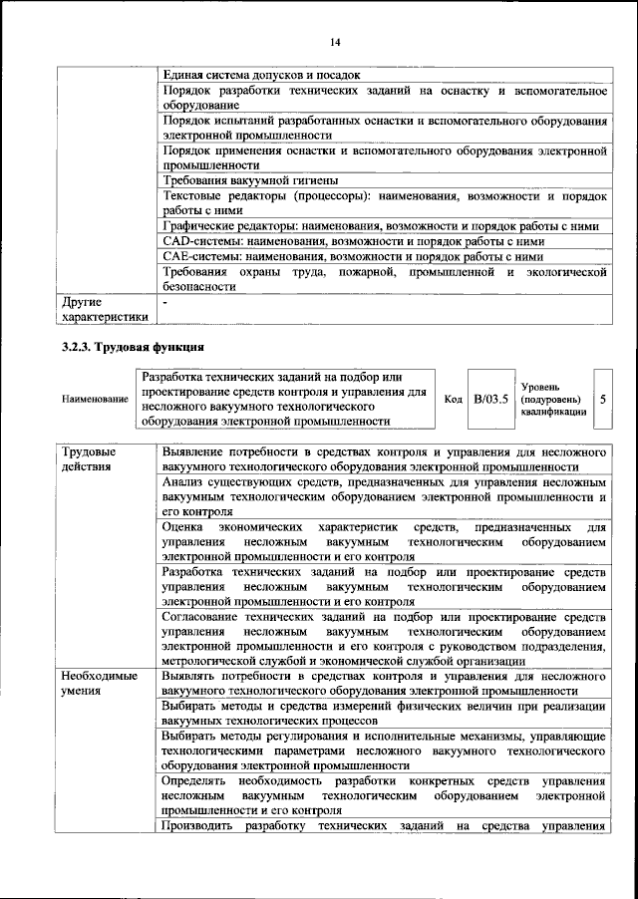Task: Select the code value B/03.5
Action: point(490,400)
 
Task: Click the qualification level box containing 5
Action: point(603,400)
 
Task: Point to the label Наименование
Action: point(95,400)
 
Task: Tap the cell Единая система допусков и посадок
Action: point(261,75)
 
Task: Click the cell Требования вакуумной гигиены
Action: point(249,180)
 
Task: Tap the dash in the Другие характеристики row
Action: point(164,299)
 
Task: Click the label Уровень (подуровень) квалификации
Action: point(553,400)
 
